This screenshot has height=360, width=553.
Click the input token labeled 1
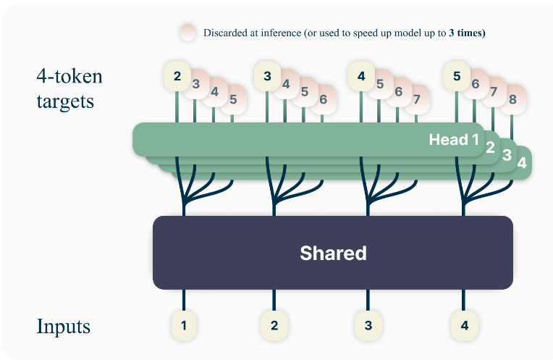184,325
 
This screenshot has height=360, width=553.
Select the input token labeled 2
274,325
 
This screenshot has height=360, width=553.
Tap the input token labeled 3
368,325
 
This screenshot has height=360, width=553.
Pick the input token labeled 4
464,325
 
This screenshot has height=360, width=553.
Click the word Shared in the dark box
333,254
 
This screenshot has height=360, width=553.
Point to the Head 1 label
454,140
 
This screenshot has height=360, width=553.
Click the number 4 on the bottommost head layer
522,163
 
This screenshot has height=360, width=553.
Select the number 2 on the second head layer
490,148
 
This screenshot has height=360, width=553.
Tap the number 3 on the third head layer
507,155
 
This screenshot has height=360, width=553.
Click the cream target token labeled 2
177,75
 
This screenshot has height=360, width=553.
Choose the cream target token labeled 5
457,75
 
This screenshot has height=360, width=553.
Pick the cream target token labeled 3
268,75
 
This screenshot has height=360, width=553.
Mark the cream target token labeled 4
361,75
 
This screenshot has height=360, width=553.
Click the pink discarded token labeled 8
512,99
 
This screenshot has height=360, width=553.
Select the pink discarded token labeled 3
195,84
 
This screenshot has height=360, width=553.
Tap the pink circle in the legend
188,33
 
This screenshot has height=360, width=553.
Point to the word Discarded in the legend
224,33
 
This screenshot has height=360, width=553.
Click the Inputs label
64,327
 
